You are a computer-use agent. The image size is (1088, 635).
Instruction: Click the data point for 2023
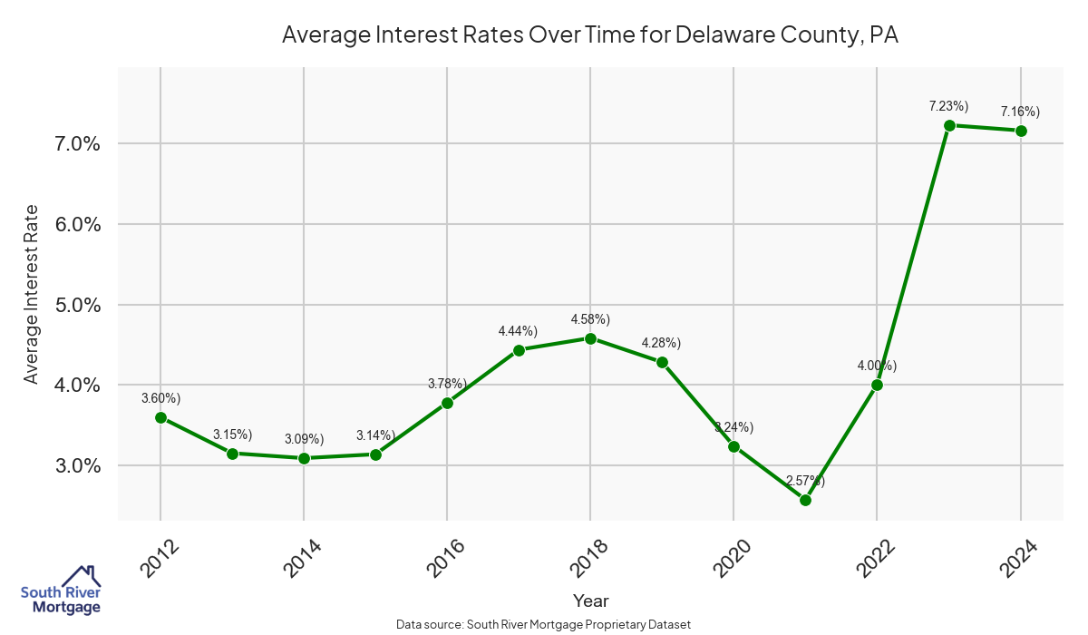tap(949, 125)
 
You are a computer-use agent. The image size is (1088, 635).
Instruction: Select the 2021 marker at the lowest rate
tap(805, 500)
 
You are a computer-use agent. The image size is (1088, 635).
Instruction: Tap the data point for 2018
tap(590, 338)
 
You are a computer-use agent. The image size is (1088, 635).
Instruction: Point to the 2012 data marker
tap(160, 417)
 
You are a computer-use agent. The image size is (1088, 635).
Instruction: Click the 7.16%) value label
tap(1020, 112)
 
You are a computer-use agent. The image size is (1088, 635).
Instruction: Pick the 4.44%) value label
tap(518, 331)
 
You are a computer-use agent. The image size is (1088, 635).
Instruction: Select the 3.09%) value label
tap(304, 439)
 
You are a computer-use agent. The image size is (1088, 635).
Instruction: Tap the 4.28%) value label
tap(661, 343)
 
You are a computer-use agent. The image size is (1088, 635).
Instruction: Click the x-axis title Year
tap(590, 601)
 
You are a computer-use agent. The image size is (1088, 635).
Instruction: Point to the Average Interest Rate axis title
tap(32, 294)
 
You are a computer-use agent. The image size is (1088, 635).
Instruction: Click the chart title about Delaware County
tap(590, 35)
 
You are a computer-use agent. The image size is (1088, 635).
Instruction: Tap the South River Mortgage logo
tap(61, 591)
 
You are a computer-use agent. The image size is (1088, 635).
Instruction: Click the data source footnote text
tap(544, 624)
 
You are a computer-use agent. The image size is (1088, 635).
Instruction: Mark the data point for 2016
tap(447, 403)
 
